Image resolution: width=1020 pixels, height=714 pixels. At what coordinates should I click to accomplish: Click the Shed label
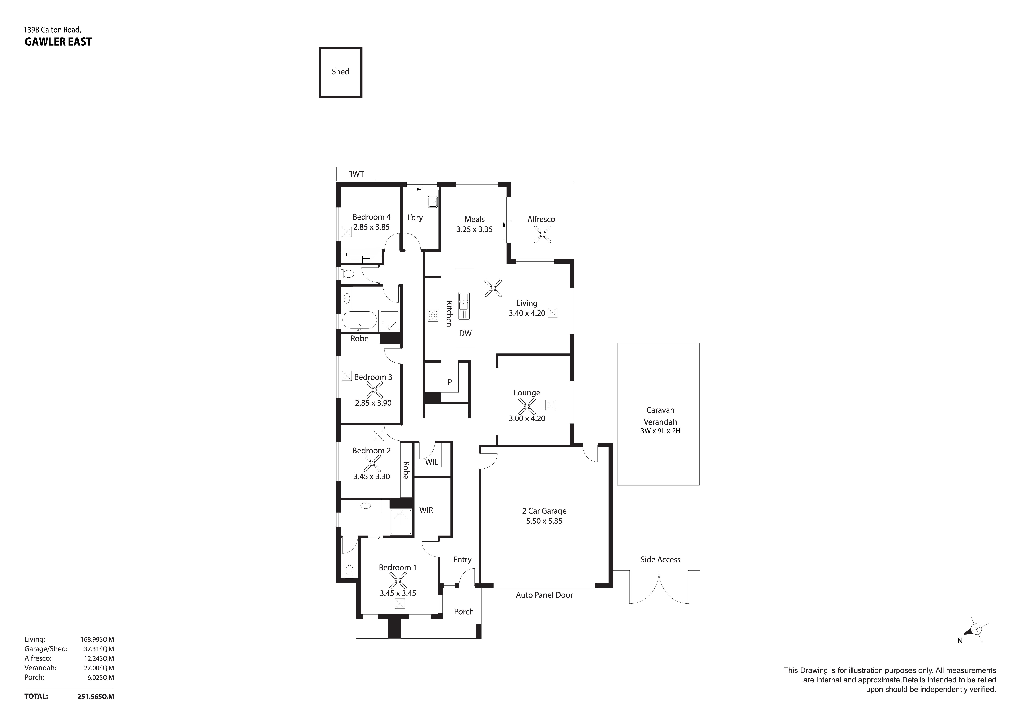pos(340,71)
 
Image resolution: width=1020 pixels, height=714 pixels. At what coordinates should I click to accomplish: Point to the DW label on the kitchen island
pos(465,333)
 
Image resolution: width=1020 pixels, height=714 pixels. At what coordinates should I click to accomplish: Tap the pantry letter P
pos(450,382)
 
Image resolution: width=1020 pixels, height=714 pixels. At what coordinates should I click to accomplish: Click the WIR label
pos(426,510)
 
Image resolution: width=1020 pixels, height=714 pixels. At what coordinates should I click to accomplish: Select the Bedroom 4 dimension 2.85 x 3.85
pos(371,227)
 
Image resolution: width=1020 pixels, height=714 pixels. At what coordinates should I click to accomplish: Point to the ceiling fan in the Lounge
pos(527,406)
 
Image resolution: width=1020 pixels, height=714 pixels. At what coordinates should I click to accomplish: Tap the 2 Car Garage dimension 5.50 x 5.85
pos(544,521)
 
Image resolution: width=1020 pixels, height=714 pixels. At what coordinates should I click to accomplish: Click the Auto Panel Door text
pos(544,595)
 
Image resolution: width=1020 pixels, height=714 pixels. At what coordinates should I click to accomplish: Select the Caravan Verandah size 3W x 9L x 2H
pos(660,431)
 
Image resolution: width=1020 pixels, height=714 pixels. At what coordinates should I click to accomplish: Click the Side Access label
pos(660,560)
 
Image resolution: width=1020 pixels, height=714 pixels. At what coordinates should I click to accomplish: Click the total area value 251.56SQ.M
pos(96,696)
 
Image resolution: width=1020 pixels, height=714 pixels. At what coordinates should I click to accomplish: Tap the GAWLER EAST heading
pos(58,42)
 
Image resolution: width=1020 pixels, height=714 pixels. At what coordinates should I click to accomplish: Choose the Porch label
pos(464,611)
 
